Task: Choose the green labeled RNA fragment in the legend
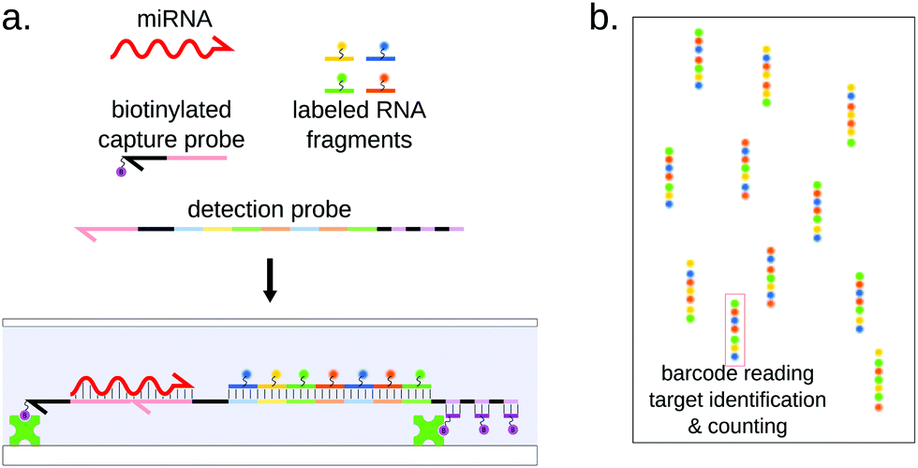coord(338,87)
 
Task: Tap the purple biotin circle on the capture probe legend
coord(120,172)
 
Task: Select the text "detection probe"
coord(269,208)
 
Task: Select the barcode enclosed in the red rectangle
coord(734,329)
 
